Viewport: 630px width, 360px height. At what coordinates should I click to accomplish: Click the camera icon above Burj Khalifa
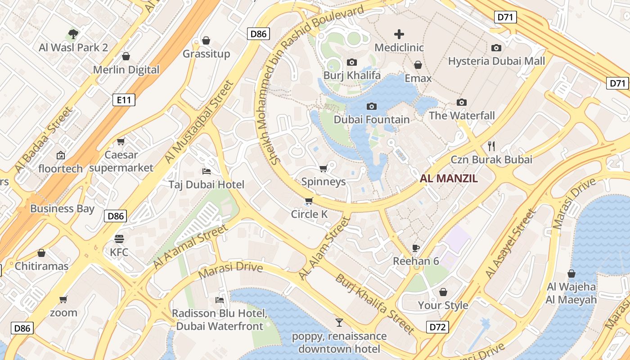352,62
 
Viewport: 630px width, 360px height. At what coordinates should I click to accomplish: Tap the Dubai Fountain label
372,120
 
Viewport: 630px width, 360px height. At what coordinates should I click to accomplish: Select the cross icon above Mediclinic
399,34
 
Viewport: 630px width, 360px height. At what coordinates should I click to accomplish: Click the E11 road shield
124,100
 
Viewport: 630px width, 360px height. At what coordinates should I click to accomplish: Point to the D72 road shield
437,327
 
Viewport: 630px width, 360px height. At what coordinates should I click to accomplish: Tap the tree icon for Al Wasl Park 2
73,34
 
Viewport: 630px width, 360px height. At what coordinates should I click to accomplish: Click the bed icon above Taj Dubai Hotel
207,171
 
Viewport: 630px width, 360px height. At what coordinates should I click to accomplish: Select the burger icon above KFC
119,238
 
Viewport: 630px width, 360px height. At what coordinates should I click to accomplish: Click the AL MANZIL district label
449,179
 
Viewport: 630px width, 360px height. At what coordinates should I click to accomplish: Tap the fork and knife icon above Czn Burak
491,146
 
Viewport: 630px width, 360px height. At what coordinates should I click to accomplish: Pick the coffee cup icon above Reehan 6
416,248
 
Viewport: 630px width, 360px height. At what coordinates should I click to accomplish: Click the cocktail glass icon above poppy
339,322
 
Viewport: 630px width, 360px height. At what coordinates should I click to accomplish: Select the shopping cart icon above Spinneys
323,169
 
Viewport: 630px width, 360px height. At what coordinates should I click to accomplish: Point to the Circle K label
310,214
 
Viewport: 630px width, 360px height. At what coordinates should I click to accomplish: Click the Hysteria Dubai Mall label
496,61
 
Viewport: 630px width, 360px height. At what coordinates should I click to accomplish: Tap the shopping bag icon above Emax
418,65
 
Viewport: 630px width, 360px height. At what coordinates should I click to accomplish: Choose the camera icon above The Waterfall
461,102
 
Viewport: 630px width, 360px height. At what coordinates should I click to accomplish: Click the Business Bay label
62,208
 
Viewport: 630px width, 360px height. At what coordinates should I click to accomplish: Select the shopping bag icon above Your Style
443,292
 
